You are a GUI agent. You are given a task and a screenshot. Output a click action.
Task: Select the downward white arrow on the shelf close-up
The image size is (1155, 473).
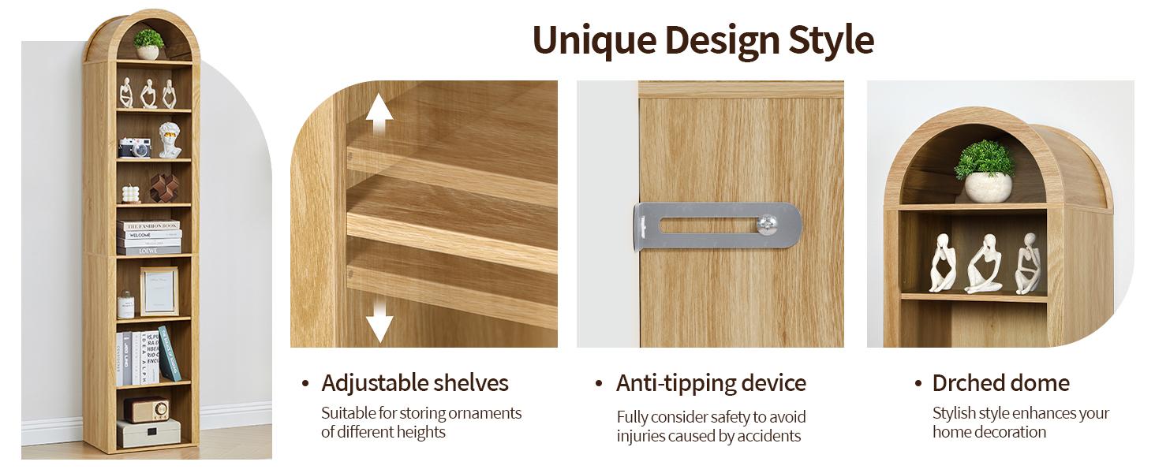379,322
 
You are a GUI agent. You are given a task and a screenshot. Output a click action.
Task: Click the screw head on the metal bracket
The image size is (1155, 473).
767,224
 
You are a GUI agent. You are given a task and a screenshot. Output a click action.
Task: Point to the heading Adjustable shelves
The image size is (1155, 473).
414,383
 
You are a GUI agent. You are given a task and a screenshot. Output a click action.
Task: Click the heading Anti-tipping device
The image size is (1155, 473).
711,383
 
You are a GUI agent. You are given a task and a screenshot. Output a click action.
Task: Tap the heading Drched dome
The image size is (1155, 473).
1001,383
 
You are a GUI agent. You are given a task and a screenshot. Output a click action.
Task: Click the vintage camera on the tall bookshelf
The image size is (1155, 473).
135,147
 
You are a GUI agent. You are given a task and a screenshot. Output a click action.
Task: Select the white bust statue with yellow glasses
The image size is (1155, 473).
170,140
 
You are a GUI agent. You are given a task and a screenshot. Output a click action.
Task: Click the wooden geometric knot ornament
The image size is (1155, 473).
164,188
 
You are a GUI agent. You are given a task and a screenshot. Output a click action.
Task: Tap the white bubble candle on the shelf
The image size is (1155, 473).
131,194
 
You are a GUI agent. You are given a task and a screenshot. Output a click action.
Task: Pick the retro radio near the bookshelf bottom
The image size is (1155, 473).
147,410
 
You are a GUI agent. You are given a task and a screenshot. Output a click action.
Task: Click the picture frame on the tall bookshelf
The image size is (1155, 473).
159,291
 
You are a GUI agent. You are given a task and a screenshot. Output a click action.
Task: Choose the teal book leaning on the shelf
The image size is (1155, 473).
170,353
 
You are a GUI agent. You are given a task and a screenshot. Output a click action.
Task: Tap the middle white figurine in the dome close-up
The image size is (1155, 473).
984,263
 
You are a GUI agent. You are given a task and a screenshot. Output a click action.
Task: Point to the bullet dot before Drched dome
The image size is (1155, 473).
918,384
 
